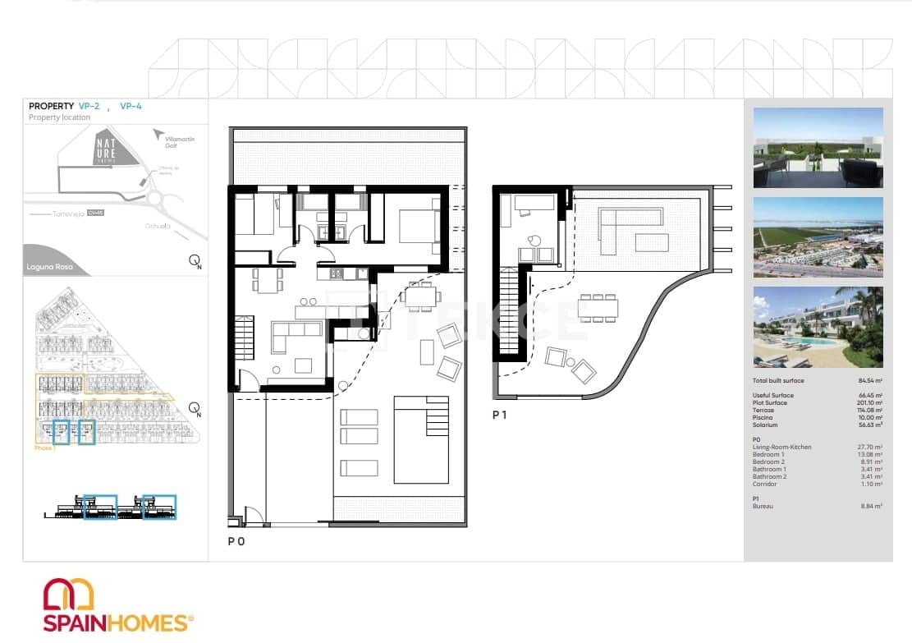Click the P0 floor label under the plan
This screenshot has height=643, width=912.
click(236, 541)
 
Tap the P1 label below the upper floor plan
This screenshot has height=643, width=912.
click(500, 415)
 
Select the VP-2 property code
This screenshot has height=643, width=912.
click(89, 106)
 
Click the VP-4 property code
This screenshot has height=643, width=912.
click(131, 106)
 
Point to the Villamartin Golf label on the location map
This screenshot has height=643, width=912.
click(181, 143)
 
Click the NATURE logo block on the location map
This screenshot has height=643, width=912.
click(105, 147)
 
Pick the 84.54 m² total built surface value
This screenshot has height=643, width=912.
click(869, 381)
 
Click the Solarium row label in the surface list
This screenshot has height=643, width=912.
click(766, 425)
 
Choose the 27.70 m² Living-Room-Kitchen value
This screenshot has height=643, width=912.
click(870, 447)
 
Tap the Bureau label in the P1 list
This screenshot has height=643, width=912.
click(764, 506)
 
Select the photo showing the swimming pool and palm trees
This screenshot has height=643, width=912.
click(818, 327)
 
